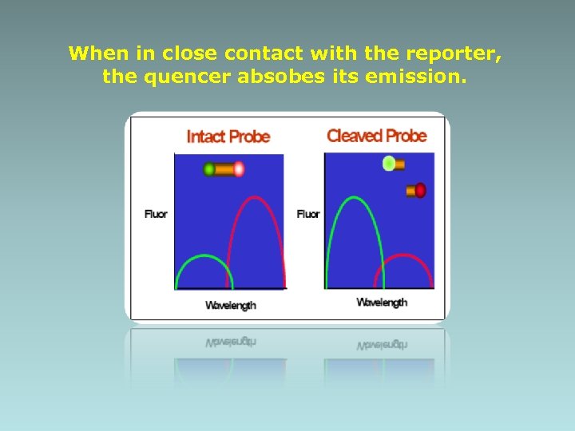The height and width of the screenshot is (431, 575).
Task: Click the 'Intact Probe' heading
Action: tap(228, 136)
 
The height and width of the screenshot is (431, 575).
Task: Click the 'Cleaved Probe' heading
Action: tap(376, 136)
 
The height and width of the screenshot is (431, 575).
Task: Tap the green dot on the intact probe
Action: tap(209, 169)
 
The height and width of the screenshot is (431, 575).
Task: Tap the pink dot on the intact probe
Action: tap(238, 169)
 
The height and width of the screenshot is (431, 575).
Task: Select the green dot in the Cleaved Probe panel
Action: tap(389, 164)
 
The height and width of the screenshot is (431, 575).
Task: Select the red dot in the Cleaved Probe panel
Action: tap(420, 191)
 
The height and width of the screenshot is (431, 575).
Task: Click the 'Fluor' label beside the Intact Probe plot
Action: tap(156, 214)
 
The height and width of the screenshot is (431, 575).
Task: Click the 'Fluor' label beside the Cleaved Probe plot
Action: tap(308, 214)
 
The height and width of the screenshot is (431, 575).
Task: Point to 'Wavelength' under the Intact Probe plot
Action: tap(231, 305)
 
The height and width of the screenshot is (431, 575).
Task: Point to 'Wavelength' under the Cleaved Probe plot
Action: tap(382, 302)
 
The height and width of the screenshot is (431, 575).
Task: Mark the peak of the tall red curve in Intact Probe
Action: tap(256, 197)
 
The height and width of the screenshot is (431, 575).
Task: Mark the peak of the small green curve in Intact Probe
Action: tap(204, 256)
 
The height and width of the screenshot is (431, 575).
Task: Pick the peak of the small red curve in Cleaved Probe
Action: tap(403, 256)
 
